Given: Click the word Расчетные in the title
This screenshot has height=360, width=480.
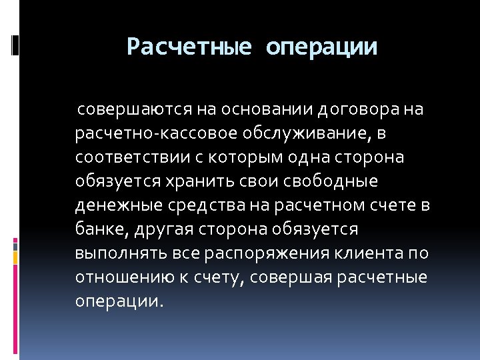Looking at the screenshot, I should coord(189,47).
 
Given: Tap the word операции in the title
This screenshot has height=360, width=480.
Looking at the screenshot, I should coord(321,47).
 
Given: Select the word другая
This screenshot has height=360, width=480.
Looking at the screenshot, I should coord(157,229).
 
